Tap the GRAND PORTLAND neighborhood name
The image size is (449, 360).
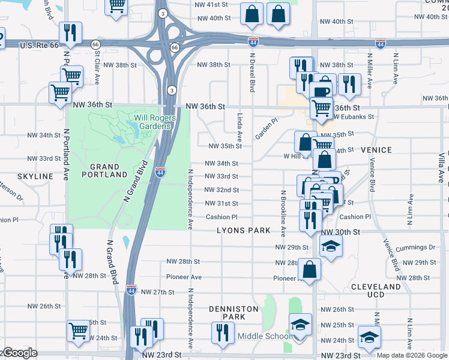point(109,170)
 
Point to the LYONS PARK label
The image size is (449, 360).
point(244,231)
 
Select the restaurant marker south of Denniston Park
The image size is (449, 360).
point(223,332)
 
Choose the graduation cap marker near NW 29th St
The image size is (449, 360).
point(330,246)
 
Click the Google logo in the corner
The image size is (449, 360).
point(19,353)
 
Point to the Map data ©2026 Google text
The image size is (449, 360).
point(411,355)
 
